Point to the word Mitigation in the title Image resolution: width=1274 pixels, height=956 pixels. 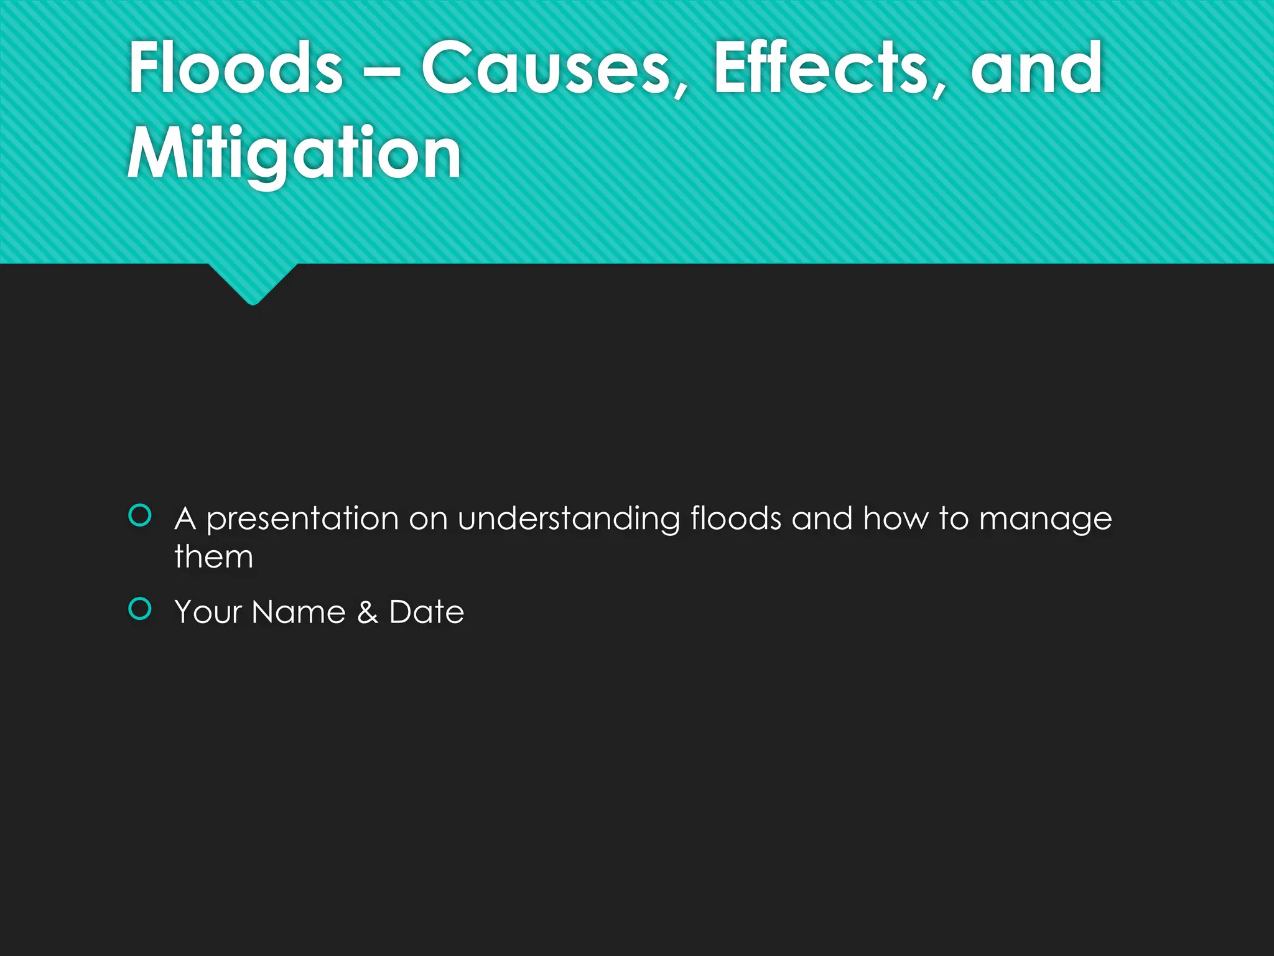pyautogui.click(x=294, y=153)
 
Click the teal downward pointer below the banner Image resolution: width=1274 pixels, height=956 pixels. pyautogui.click(x=253, y=283)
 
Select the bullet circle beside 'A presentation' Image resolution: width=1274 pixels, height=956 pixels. pyautogui.click(x=140, y=515)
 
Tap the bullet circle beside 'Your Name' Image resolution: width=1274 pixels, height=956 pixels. pyautogui.click(x=140, y=609)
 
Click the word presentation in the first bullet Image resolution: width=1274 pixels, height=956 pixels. pyautogui.click(x=302, y=519)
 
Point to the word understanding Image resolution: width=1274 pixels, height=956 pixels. pyautogui.click(x=569, y=519)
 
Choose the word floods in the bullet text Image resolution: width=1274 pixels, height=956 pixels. pyautogui.click(x=735, y=518)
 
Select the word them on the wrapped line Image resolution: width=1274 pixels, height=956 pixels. pyautogui.click(x=214, y=556)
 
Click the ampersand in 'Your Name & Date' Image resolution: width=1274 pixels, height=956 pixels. pyautogui.click(x=367, y=612)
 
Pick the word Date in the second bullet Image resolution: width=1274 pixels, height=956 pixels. pyautogui.click(x=427, y=612)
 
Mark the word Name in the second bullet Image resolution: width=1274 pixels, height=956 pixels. pyautogui.click(x=299, y=612)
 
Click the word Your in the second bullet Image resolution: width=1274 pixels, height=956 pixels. pyautogui.click(x=208, y=612)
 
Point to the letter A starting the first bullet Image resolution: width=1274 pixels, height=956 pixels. pyautogui.click(x=185, y=519)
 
